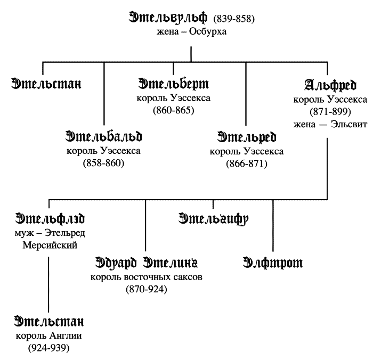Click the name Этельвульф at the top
[169, 18]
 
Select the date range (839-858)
[234, 19]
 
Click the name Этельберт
[173, 85]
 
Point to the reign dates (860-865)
[173, 111]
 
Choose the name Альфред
[330, 85]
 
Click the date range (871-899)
[330, 112]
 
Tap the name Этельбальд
[103, 137]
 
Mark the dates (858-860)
[103, 163]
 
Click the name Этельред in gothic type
[246, 137]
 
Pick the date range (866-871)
[246, 163]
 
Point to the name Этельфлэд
[50, 219]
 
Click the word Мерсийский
[50, 246]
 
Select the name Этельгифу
[214, 219]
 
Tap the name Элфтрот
[272, 263]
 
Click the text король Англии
[49, 336]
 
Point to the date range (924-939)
[49, 348]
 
